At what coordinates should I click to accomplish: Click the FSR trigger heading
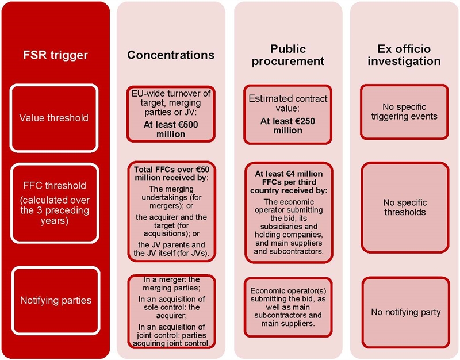pos(55,55)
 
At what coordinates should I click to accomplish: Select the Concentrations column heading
pos(170,55)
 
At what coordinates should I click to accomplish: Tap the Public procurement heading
pos(288,55)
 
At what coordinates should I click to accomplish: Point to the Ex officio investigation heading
pos(404,55)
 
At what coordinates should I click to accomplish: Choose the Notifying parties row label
pos(55,301)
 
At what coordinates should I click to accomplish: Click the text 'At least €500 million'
pos(170,129)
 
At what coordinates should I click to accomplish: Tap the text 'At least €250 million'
pos(288,126)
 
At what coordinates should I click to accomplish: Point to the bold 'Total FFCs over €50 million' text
pos(170,174)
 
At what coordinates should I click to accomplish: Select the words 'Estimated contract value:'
pos(288,104)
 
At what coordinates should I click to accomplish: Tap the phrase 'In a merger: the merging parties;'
pos(170,284)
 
